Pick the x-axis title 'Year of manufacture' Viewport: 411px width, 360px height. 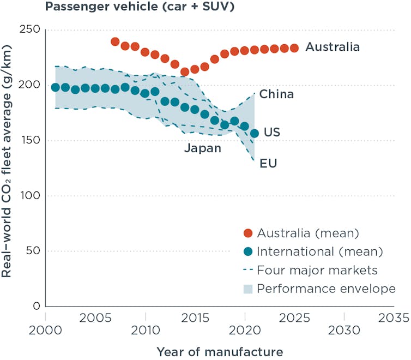click(220, 351)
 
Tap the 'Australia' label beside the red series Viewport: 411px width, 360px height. click(333, 47)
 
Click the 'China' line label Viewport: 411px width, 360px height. click(276, 94)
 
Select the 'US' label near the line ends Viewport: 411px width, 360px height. click(272, 133)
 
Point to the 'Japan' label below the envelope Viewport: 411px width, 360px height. click(203, 148)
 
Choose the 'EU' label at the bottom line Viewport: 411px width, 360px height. click(268, 163)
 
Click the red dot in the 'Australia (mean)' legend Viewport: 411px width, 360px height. click(249, 233)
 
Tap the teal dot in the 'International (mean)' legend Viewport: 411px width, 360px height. click(249, 252)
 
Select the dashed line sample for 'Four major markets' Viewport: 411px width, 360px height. click(249, 270)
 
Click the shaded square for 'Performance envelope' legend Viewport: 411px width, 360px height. click(249, 289)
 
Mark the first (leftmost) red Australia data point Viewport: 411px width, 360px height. click(115, 41)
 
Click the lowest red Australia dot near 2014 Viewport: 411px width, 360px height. click(185, 72)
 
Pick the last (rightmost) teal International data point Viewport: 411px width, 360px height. click(255, 133)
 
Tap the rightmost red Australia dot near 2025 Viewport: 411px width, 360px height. click(294, 48)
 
